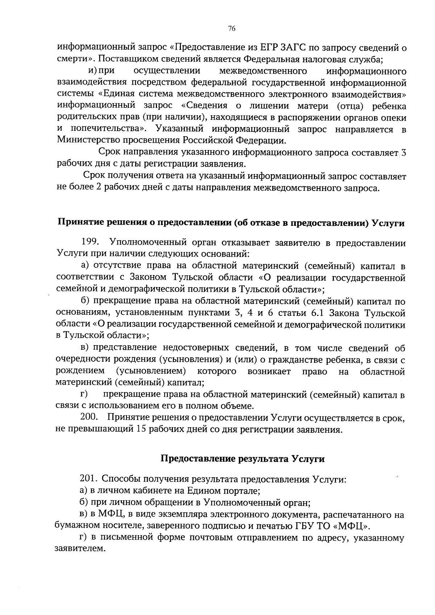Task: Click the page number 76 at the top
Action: (232, 29)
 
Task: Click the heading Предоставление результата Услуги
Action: (243, 459)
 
